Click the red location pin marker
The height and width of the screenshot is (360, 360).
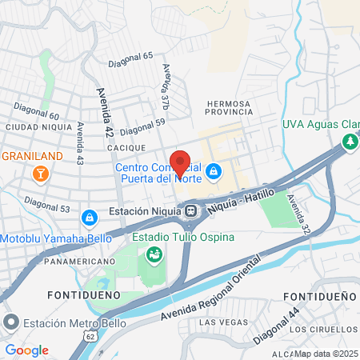pyautogui.click(x=180, y=162)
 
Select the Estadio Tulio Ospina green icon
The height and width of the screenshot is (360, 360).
pyautogui.click(x=153, y=254)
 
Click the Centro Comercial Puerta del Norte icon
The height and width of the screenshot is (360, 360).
pyautogui.click(x=214, y=172)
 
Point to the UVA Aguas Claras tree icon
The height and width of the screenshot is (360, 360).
pyautogui.click(x=349, y=141)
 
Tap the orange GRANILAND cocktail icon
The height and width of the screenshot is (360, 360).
pyautogui.click(x=38, y=172)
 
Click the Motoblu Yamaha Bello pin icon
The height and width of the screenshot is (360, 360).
pyautogui.click(x=89, y=217)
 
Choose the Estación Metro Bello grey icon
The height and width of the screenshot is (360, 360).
pyautogui.click(x=10, y=324)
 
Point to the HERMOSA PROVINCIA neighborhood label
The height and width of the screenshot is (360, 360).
pyautogui.click(x=229, y=109)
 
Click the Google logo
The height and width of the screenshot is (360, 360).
pyautogui.click(x=27, y=350)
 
